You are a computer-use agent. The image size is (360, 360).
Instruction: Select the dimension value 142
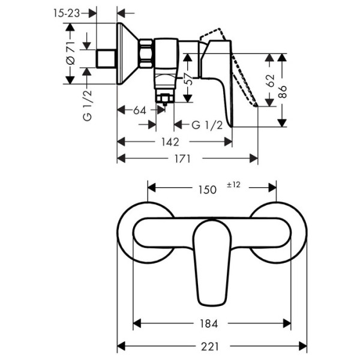point(170,142)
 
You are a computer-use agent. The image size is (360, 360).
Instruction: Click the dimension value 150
point(207,189)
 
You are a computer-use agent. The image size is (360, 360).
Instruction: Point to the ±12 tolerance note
point(233,185)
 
